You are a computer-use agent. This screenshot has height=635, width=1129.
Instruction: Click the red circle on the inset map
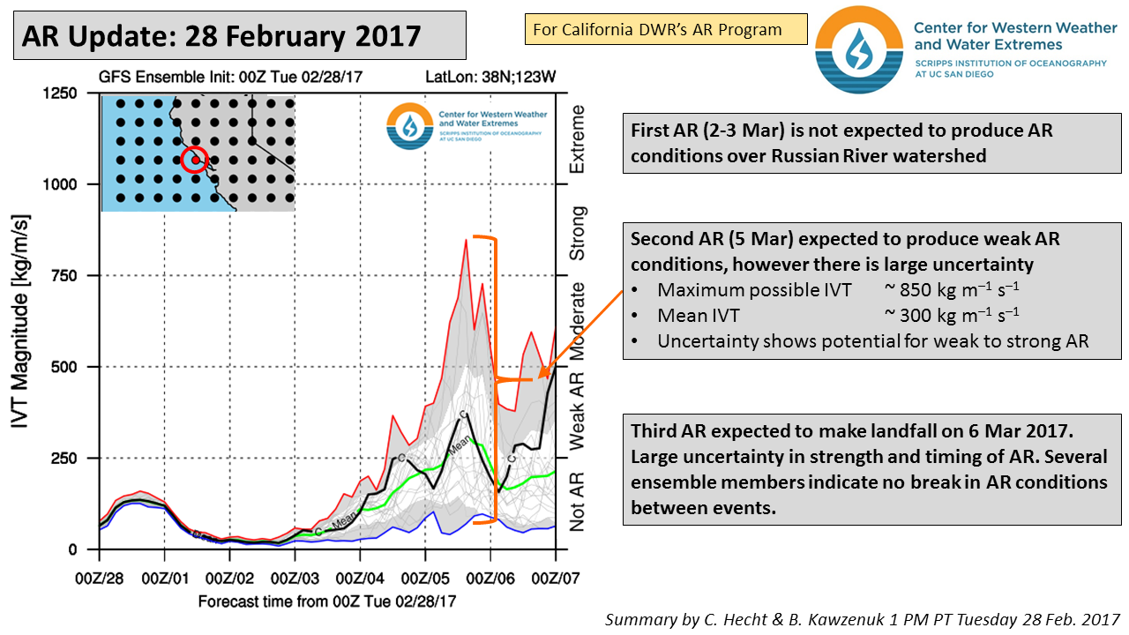tap(195, 160)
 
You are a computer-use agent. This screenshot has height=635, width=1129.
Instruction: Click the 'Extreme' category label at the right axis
tap(578, 140)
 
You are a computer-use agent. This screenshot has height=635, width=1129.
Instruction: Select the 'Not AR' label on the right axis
tap(578, 499)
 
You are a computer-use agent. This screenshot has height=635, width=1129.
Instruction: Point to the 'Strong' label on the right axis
tap(578, 233)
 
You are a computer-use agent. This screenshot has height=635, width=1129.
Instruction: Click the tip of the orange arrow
tap(540, 378)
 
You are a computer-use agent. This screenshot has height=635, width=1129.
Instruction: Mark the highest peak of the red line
tap(466, 239)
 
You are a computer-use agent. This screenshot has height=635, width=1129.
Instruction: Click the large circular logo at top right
tap(858, 49)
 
